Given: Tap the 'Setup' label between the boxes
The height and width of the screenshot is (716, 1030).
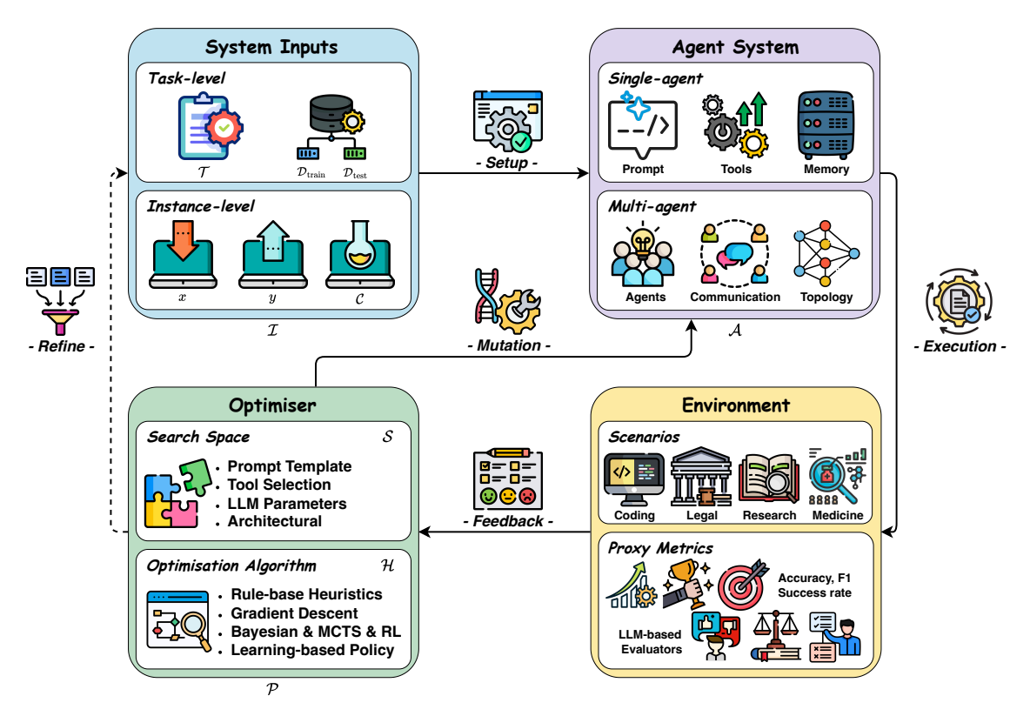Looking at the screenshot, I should (506, 164).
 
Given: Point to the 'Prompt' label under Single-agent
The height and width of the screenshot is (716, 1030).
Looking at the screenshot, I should (642, 169).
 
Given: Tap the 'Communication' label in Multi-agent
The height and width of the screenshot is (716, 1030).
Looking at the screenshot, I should (735, 298).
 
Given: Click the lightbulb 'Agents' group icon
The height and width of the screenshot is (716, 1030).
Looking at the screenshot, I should (644, 255).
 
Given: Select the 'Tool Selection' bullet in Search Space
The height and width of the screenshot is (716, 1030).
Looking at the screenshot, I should (279, 485).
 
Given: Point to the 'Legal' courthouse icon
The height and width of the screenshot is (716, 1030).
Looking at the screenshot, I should (702, 478).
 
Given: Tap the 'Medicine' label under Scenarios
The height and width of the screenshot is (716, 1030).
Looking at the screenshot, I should (838, 515).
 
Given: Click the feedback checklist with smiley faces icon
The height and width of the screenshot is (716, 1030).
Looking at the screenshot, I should (506, 479).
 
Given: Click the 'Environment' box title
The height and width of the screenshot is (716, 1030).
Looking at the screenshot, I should (735, 405).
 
